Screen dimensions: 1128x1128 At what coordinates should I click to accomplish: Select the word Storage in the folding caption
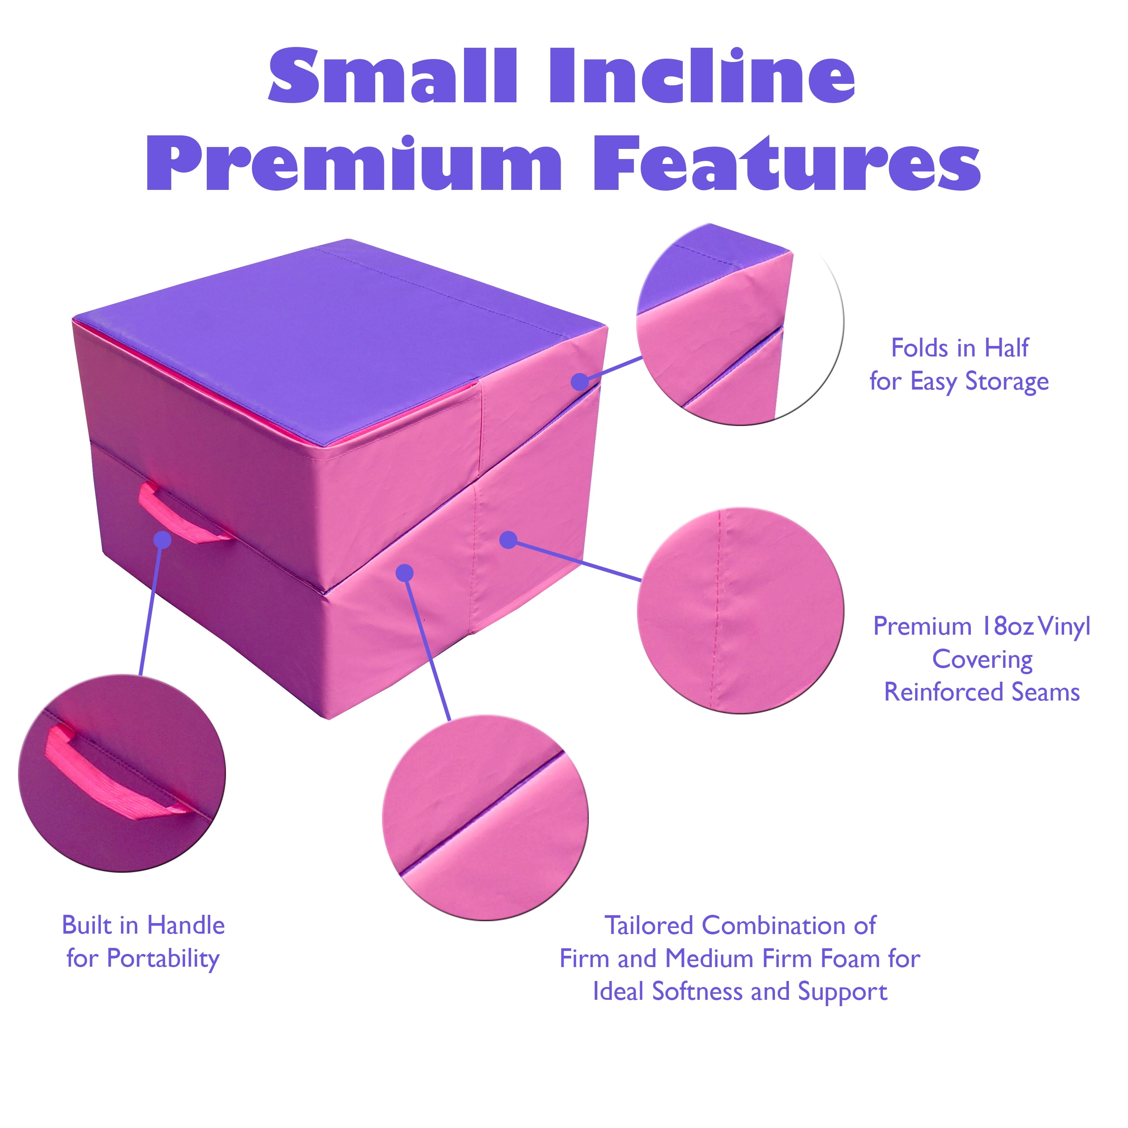click(1007, 382)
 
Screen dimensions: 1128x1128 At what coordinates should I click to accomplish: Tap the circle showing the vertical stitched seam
click(740, 611)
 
